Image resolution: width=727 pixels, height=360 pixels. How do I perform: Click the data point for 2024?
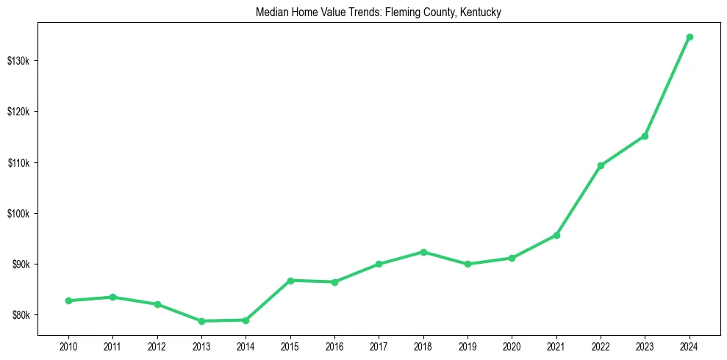690,37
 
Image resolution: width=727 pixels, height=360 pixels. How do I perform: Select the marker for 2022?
601,165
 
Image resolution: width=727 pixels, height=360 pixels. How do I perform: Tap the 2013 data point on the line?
201,321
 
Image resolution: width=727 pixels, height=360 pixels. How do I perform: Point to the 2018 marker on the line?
423,252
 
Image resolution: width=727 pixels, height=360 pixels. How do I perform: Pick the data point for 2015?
290,281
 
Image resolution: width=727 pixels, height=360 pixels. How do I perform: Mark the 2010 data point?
68,300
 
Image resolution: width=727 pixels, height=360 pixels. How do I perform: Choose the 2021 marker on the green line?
556,235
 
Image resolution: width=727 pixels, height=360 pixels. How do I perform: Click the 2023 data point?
645,136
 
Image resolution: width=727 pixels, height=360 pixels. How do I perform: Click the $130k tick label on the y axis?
18,60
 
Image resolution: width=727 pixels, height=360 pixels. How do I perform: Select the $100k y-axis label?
18,214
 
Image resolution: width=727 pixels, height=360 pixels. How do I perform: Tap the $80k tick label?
20,316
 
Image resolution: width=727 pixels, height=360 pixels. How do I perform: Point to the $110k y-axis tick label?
18,162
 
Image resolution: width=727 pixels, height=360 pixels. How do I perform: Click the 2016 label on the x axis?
334,346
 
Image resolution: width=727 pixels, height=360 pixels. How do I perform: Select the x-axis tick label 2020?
512,346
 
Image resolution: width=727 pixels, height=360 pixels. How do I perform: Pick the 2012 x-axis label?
157,346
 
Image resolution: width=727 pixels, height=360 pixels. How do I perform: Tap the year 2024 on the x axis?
690,346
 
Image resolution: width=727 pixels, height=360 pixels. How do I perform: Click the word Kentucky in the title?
481,13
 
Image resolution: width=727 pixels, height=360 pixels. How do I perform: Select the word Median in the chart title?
271,13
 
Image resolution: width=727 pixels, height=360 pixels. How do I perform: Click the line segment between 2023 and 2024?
667,86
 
